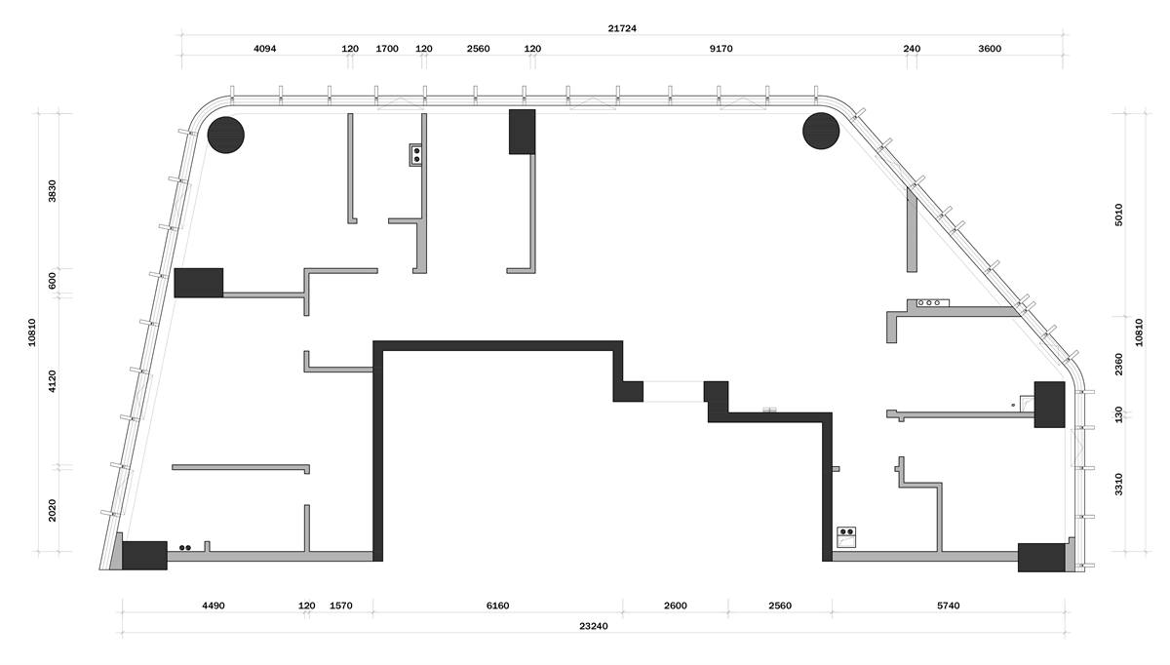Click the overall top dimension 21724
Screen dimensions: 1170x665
click(622, 28)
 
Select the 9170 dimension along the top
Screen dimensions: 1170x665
click(721, 49)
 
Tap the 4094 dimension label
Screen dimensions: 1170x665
click(265, 49)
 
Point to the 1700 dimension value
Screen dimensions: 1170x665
click(387, 49)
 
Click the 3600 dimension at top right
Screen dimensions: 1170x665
click(990, 49)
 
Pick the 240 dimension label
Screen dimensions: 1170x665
click(912, 49)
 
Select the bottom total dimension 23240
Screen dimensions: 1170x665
click(594, 626)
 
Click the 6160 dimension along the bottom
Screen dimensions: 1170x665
click(498, 606)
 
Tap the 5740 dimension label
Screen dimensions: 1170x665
click(948, 606)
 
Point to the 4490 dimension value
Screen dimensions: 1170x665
click(214, 606)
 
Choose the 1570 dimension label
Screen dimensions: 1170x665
click(341, 606)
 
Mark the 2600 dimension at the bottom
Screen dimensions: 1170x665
click(676, 606)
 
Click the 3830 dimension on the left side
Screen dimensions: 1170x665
click(53, 191)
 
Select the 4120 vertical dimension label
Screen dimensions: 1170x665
click(53, 381)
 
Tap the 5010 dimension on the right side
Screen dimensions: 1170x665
click(1118, 215)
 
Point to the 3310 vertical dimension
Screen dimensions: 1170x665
click(1118, 485)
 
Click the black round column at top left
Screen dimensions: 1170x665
click(225, 135)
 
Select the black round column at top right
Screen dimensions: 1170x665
click(821, 131)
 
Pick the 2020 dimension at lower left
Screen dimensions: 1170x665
click(53, 510)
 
